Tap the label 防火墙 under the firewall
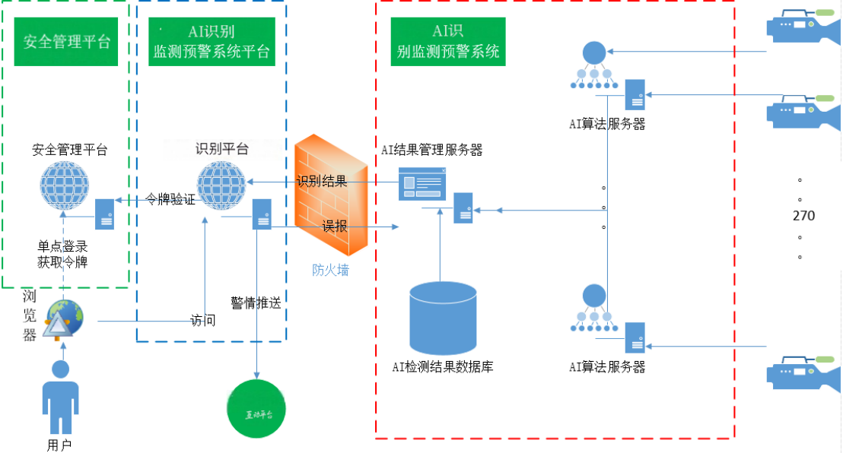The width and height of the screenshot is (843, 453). pyautogui.click(x=331, y=270)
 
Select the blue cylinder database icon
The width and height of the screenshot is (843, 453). pyautogui.click(x=443, y=316)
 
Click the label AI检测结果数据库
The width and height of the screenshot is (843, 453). pyautogui.click(x=443, y=367)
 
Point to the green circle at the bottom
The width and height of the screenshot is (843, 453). pyautogui.click(x=256, y=413)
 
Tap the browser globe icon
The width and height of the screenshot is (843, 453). pyautogui.click(x=63, y=320)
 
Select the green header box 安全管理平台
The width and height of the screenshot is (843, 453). pyautogui.click(x=66, y=41)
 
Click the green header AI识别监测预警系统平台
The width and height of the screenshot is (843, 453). pyautogui.click(x=212, y=42)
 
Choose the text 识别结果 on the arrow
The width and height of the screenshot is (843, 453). pyautogui.click(x=322, y=181)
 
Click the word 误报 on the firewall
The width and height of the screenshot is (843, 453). pyautogui.click(x=334, y=226)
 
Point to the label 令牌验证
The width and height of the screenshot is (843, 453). pyautogui.click(x=170, y=200)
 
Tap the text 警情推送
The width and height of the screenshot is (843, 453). pyautogui.click(x=256, y=303)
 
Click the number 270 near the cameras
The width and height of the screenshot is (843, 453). pyautogui.click(x=803, y=216)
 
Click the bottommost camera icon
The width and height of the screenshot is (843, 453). pyautogui.click(x=800, y=372)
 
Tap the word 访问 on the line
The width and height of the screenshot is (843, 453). pyautogui.click(x=202, y=321)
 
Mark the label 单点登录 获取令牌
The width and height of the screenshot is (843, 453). pyautogui.click(x=63, y=254)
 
